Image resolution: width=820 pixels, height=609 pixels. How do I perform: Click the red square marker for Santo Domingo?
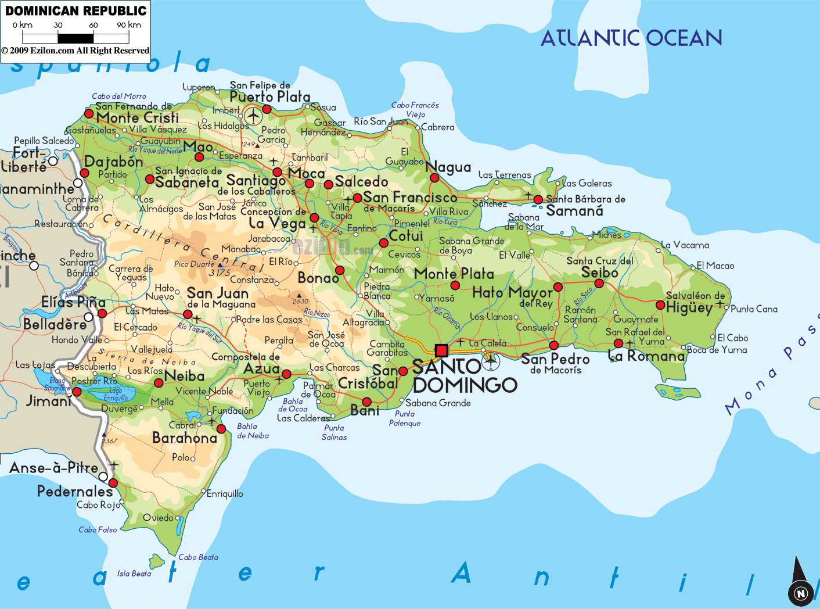tap(441, 350)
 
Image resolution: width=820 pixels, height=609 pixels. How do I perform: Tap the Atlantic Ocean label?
tap(631, 38)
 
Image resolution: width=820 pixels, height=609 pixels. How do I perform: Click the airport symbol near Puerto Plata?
tap(253, 116)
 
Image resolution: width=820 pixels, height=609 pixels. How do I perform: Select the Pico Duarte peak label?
tap(194, 264)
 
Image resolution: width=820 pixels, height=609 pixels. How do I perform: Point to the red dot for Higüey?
tap(660, 305)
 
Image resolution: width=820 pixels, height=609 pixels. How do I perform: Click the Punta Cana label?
tap(754, 309)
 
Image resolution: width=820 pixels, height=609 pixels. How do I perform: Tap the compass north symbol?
tap(800, 593)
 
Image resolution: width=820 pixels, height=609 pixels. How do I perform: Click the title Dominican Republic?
tap(75, 10)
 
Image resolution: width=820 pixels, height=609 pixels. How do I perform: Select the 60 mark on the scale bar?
tap(93, 26)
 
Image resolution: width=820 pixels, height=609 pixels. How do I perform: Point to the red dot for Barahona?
tap(221, 429)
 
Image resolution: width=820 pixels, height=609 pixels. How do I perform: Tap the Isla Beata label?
tap(134, 574)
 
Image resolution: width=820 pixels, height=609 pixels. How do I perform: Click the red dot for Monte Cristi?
tap(89, 113)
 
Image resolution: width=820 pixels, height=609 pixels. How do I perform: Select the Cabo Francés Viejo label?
tap(415, 109)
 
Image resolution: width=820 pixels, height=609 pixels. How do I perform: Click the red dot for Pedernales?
tap(113, 483)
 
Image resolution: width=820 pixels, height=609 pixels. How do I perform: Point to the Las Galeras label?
tap(587, 184)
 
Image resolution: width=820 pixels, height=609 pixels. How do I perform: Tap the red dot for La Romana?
tap(618, 343)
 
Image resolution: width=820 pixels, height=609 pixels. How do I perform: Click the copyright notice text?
tap(75, 51)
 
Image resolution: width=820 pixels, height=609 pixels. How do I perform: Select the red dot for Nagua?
tap(434, 177)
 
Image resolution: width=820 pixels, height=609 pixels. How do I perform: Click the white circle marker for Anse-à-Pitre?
tap(103, 477)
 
